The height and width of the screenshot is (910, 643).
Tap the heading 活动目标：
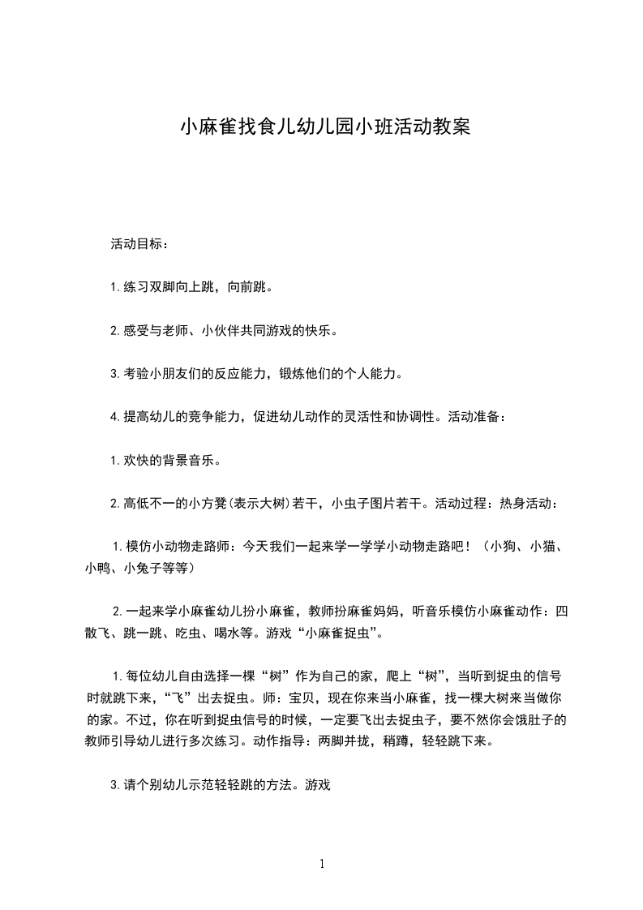[x=140, y=243]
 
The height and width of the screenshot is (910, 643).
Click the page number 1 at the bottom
[x=322, y=864]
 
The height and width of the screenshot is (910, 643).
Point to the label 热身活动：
[x=528, y=504]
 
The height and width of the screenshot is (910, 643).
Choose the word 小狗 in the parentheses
[x=504, y=547]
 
